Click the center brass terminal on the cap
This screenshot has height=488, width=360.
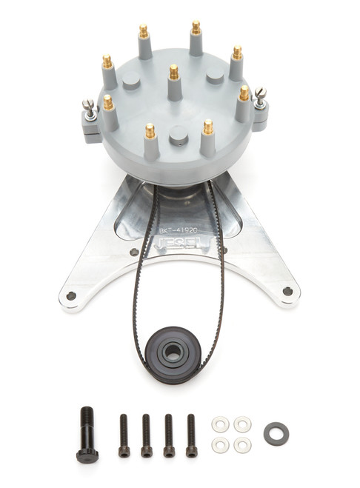(x=173, y=72)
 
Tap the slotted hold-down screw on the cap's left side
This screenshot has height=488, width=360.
(x=88, y=104)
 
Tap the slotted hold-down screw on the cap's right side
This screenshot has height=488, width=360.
(x=261, y=93)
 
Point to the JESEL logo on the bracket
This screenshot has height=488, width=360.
(x=179, y=242)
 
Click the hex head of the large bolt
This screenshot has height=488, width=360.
(x=87, y=455)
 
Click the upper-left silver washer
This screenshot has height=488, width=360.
(x=219, y=424)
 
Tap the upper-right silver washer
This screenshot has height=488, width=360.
(x=242, y=424)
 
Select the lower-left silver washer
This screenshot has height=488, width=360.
(x=219, y=444)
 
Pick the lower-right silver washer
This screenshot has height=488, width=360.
(x=241, y=445)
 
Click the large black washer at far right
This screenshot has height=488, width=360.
(x=276, y=433)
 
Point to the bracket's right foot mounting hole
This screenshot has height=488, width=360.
(x=287, y=291)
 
